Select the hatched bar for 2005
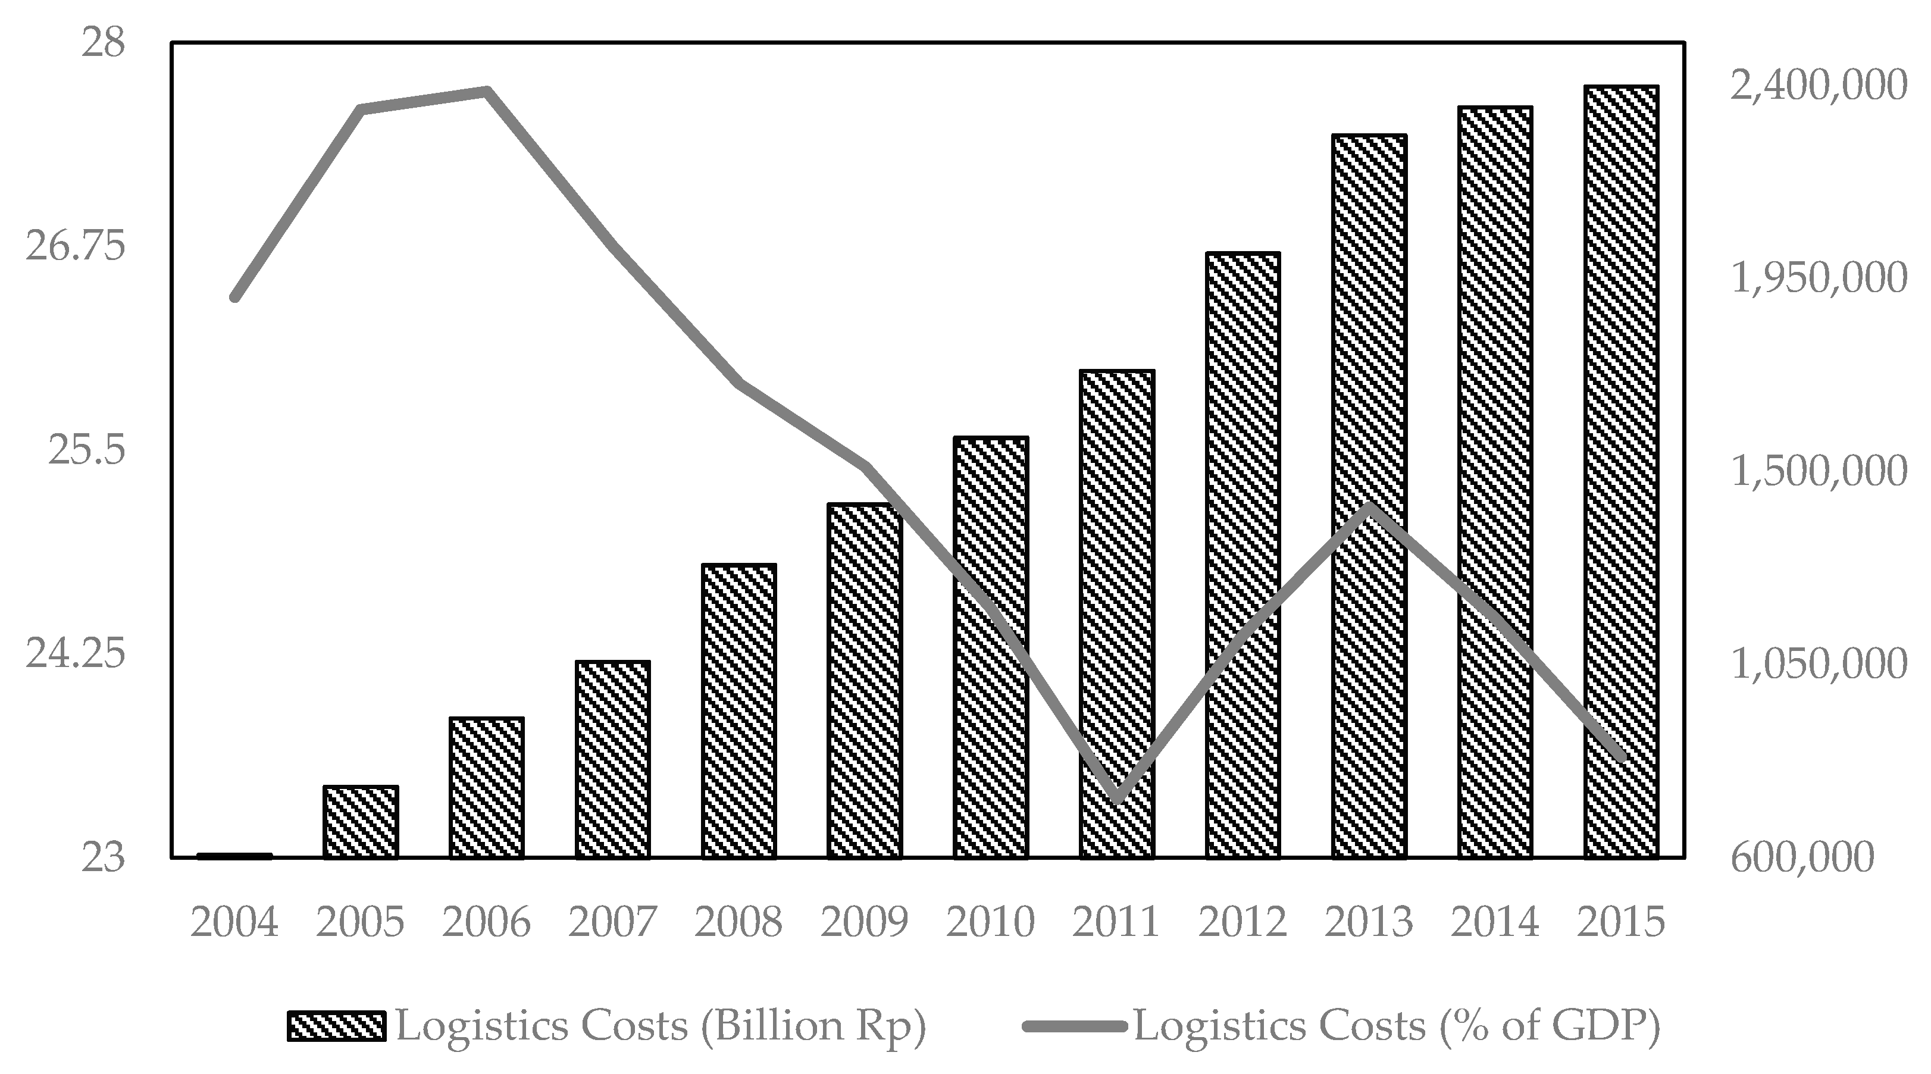tap(361, 822)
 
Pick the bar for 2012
tap(1243, 555)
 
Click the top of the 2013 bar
tap(1369, 136)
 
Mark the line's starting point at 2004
tap(234, 297)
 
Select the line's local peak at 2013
tap(1369, 506)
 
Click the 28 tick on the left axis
tap(104, 42)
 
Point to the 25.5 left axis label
tap(87, 450)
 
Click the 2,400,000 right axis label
tap(1818, 86)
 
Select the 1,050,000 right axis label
tap(1818, 664)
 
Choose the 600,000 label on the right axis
tap(1801, 857)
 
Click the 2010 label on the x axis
tap(990, 921)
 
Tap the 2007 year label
tap(612, 921)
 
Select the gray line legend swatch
tap(1074, 1026)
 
